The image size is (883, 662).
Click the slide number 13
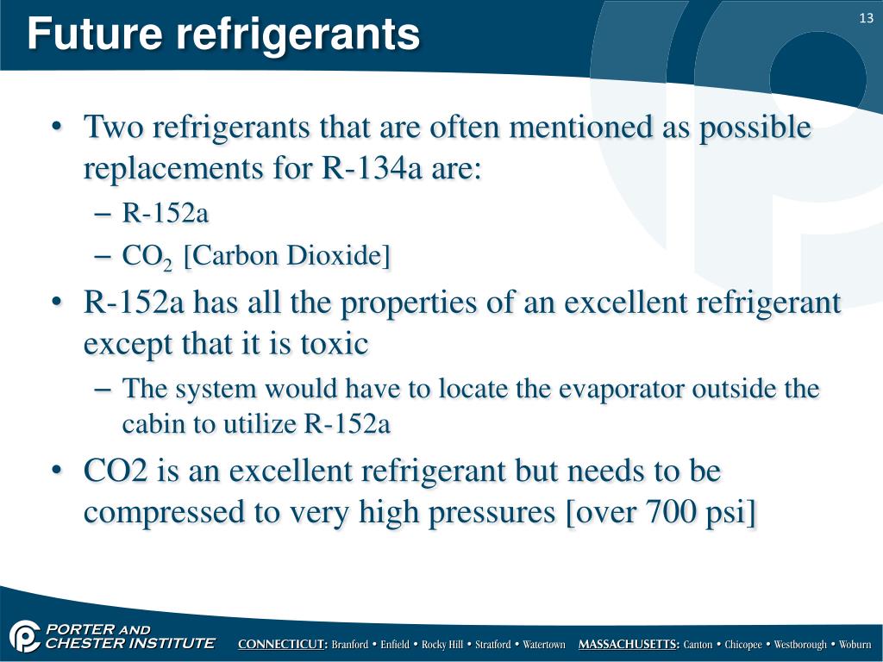point(867,19)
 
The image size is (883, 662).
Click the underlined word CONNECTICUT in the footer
point(282,645)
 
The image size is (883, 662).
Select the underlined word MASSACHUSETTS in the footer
point(629,645)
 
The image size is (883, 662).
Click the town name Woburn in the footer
point(855,645)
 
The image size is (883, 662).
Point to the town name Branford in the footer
point(349,645)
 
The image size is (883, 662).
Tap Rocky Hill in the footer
point(441,645)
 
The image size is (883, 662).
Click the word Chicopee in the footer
point(743,645)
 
